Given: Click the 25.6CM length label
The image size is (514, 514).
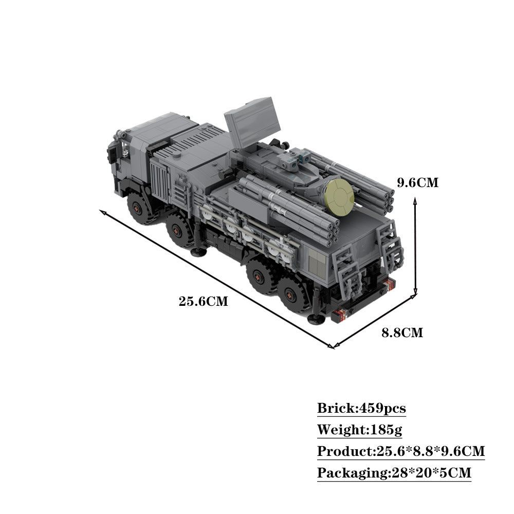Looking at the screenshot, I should (203, 301).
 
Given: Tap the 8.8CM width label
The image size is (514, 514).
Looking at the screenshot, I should (402, 333).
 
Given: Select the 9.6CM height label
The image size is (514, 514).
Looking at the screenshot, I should (418, 182).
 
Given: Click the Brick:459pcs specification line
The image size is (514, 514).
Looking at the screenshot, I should (361, 409).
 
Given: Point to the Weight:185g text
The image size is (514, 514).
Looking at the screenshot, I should (359, 430).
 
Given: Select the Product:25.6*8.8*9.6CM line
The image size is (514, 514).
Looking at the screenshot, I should (401, 451).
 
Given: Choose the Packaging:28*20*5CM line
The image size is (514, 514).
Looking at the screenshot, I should (394, 472).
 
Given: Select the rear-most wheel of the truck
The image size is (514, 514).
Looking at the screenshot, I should (297, 296).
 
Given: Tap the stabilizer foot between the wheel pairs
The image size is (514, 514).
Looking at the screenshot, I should (197, 251).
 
